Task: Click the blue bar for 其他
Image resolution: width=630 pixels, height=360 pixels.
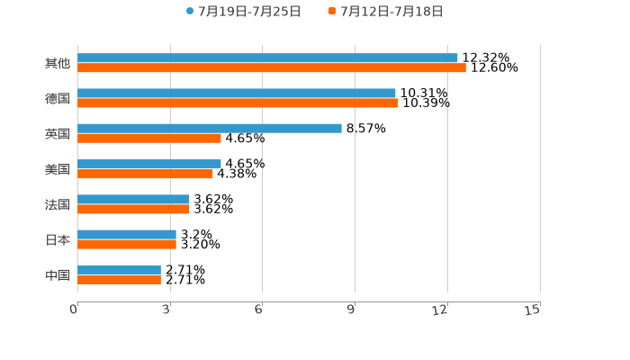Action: tap(267, 58)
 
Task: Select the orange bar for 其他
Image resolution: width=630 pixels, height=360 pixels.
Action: tap(272, 68)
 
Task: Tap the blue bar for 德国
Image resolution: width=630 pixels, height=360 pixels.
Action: tap(237, 94)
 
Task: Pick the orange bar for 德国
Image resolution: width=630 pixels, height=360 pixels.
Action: tap(238, 103)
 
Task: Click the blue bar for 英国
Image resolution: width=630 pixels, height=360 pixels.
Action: tap(210, 129)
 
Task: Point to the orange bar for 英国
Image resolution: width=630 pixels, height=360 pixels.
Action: tap(149, 139)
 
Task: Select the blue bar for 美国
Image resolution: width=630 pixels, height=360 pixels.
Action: tap(149, 164)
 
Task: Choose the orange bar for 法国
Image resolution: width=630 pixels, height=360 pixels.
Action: tap(133, 209)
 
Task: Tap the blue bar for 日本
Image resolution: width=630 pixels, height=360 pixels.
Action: tap(127, 234)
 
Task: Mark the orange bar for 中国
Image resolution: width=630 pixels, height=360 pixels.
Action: tap(119, 279)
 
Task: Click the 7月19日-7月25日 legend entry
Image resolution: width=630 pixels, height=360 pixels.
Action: tap(243, 12)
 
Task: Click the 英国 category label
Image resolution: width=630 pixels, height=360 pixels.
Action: tap(57, 134)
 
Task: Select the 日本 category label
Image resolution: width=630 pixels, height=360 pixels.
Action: tap(57, 239)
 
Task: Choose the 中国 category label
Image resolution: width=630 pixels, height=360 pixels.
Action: tap(57, 274)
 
